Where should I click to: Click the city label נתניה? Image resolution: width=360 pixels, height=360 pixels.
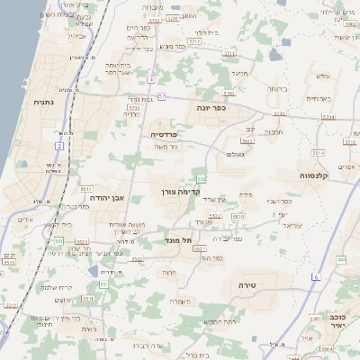tap(42, 103)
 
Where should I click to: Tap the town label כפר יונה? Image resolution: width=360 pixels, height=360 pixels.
tap(211, 107)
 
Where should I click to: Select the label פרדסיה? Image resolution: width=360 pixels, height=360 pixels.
tap(164, 133)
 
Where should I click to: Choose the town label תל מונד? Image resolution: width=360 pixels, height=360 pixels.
tap(179, 240)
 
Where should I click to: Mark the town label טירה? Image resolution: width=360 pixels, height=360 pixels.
tap(248, 284)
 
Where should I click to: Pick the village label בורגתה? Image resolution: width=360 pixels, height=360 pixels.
tap(275, 89)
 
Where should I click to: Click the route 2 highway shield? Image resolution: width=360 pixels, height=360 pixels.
tap(59, 144)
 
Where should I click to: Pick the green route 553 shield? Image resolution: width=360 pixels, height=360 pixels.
tap(58, 240)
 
